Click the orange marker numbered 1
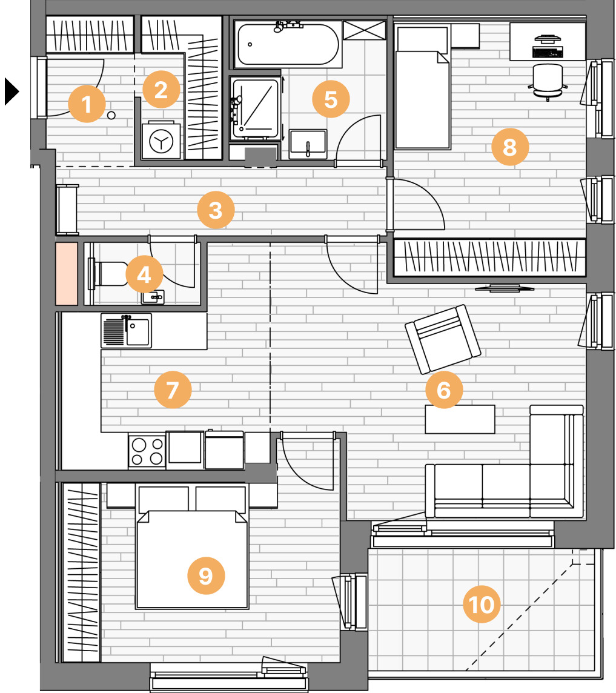click(x=87, y=104)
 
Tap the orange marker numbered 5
click(x=331, y=99)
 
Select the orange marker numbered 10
click(x=481, y=604)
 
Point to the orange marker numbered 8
click(x=510, y=147)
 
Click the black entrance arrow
click(x=12, y=91)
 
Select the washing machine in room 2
click(x=161, y=141)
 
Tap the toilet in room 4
click(x=108, y=274)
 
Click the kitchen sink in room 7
click(x=127, y=331)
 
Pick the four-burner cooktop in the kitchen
click(x=147, y=451)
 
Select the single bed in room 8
click(x=422, y=87)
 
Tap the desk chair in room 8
click(x=548, y=82)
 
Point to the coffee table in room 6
click(x=460, y=419)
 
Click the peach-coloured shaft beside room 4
click(x=67, y=274)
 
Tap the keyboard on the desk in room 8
click(x=548, y=52)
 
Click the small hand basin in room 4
click(x=153, y=297)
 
